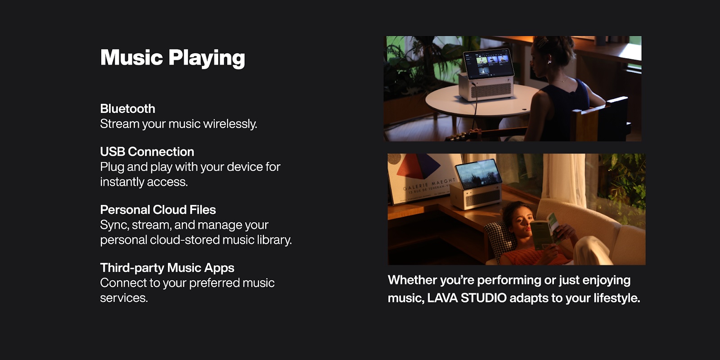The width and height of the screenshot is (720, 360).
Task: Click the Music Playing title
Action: (x=173, y=58)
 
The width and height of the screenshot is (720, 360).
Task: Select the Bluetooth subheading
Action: (x=128, y=108)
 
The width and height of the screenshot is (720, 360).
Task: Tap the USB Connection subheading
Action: (x=147, y=152)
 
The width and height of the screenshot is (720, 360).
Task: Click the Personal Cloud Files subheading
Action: (x=158, y=210)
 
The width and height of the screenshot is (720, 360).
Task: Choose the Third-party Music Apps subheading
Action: (x=167, y=268)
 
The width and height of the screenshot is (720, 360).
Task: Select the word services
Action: (x=124, y=298)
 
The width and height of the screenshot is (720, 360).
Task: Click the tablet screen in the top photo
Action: (x=488, y=63)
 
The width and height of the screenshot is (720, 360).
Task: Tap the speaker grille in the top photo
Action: (x=491, y=90)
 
